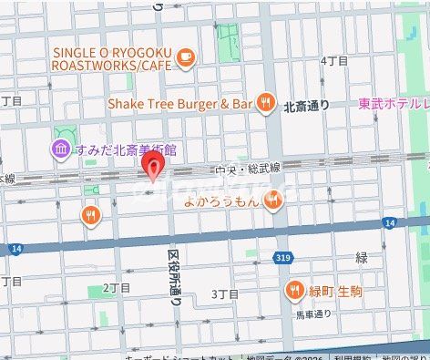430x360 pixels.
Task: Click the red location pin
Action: click(x=155, y=169)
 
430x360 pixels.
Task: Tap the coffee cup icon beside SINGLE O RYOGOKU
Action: click(x=186, y=57)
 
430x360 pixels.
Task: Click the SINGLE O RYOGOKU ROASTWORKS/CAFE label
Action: click(x=112, y=58)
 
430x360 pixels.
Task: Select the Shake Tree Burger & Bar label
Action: click(x=180, y=104)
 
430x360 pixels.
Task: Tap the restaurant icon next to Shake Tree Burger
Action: click(x=266, y=104)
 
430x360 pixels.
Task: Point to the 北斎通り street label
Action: click(x=306, y=106)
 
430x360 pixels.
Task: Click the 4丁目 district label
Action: click(x=335, y=60)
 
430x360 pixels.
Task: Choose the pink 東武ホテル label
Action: click(x=393, y=104)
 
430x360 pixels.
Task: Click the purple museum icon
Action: click(x=60, y=148)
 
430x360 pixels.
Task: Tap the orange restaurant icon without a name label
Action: click(x=89, y=215)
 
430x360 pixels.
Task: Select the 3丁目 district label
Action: click(x=224, y=293)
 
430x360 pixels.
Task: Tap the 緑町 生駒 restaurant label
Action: click(x=336, y=291)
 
